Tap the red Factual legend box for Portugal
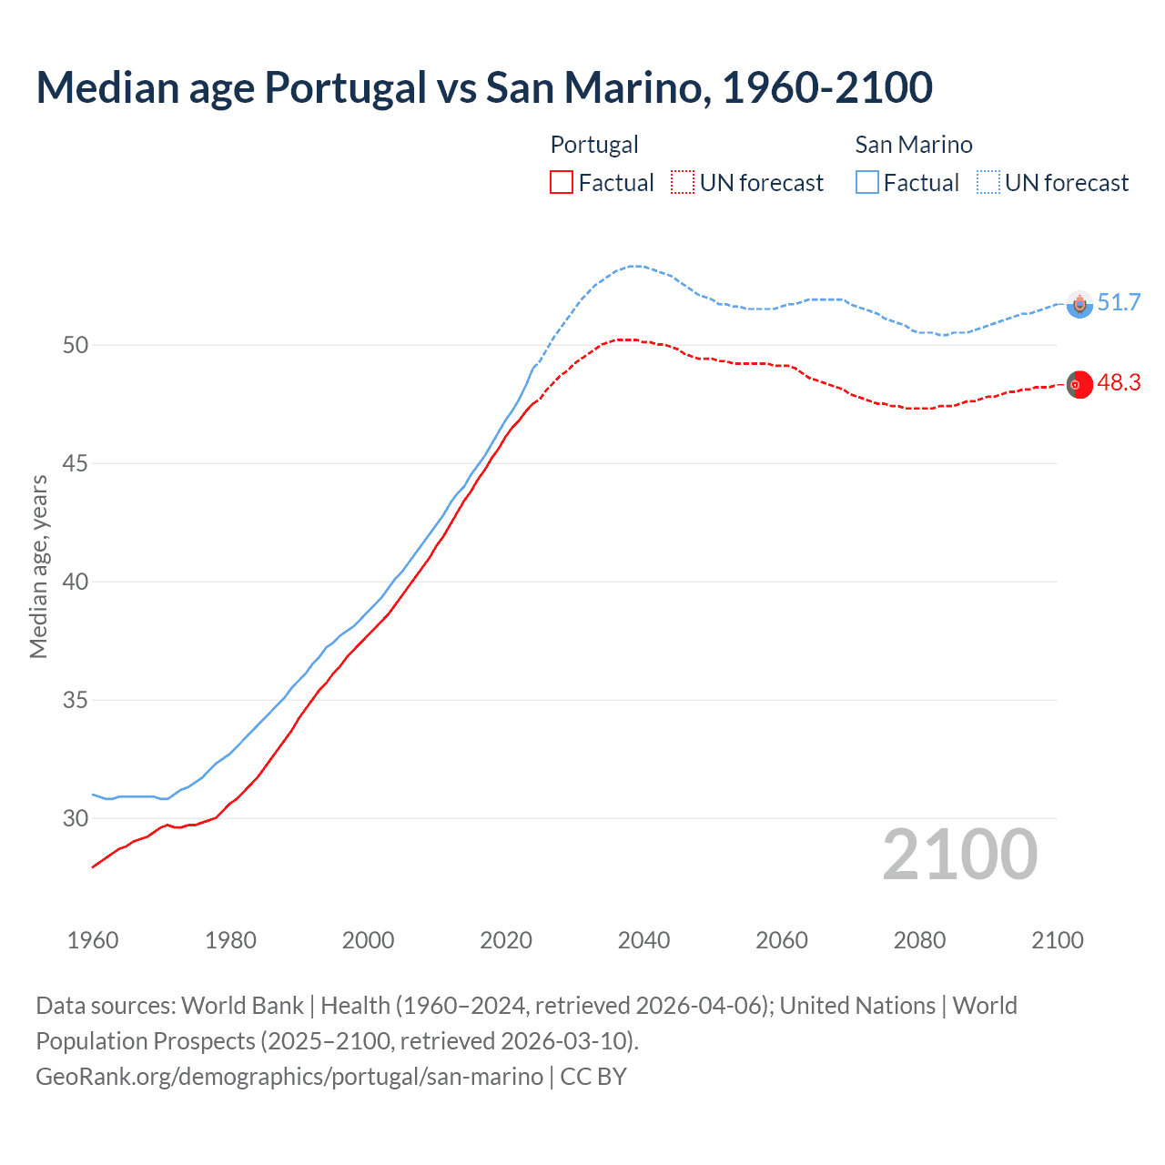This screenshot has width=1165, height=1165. point(562,183)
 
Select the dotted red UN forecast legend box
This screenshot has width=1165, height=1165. point(683,183)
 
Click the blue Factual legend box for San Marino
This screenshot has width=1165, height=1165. point(867,183)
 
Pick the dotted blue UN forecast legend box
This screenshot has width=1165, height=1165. point(988,183)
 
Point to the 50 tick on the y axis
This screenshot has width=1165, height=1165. point(76,345)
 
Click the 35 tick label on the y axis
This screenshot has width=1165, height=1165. point(76,700)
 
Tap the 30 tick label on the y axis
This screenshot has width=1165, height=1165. point(76,818)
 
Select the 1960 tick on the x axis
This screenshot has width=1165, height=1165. point(93,940)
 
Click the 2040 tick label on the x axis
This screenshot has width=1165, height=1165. point(643,940)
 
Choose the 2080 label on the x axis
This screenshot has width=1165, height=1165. point(919,940)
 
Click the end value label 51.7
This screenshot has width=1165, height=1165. point(1119,302)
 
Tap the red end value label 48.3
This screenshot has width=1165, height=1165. point(1119,382)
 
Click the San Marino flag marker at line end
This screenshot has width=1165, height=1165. point(1079,304)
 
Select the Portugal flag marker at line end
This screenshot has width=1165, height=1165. point(1079,385)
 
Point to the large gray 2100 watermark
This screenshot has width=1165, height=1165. point(960,854)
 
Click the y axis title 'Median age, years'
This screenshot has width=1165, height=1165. point(38,566)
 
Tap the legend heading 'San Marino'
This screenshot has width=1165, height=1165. point(914,145)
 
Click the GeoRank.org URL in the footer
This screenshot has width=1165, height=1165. point(289,1077)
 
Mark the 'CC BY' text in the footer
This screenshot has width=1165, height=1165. point(593,1077)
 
